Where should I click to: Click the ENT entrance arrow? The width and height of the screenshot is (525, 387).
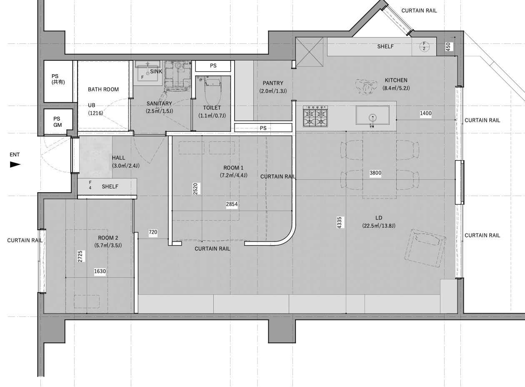tap(15, 164)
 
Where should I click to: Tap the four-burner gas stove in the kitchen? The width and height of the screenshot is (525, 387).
tap(315, 116)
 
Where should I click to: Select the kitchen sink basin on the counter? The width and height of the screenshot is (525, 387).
tap(372, 115)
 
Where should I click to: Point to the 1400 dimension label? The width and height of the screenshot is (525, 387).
tap(426, 113)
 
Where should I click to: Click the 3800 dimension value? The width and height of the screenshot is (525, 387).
tap(375, 173)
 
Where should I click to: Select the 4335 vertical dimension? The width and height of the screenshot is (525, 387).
tap(339, 222)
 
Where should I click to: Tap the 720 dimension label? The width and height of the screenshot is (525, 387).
tap(153, 232)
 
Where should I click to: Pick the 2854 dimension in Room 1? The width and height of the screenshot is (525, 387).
tap(232, 204)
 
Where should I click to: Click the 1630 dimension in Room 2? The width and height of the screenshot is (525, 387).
tap(100, 271)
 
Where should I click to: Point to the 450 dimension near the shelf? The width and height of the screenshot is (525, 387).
tap(448, 46)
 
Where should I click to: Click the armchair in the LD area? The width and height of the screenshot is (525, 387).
tap(425, 248)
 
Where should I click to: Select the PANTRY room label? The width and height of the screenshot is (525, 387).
tap(273, 83)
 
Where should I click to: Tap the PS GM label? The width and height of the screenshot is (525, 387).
tap(57, 122)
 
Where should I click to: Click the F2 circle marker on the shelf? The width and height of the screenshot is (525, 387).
tap(424, 46)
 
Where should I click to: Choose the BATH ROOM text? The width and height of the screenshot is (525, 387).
tap(103, 89)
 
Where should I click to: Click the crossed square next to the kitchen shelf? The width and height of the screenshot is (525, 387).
tap(309, 52)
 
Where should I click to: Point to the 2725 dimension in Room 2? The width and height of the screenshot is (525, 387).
tap(80, 256)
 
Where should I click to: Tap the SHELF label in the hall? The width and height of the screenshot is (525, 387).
tap(110, 187)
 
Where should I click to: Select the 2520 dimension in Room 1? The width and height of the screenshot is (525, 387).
tap(195, 189)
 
